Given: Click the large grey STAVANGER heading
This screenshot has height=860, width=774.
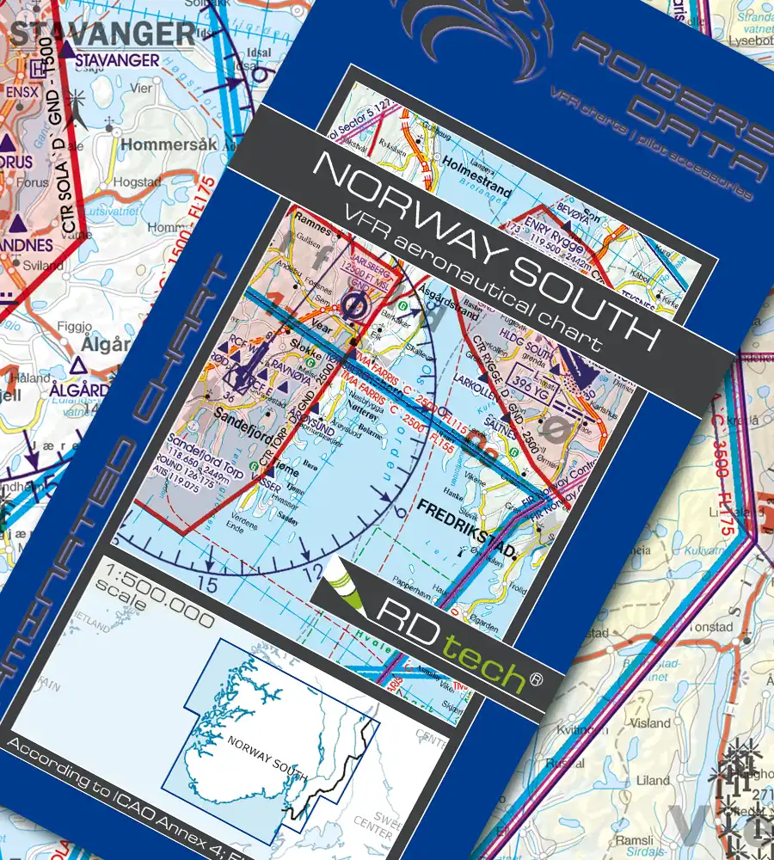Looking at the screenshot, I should coord(102,34).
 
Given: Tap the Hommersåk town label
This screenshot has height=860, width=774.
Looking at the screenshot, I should coord(169,144).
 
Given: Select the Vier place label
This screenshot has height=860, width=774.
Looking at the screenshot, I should coord(140,88).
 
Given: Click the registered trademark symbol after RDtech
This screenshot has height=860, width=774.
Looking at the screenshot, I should coord(537,679).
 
